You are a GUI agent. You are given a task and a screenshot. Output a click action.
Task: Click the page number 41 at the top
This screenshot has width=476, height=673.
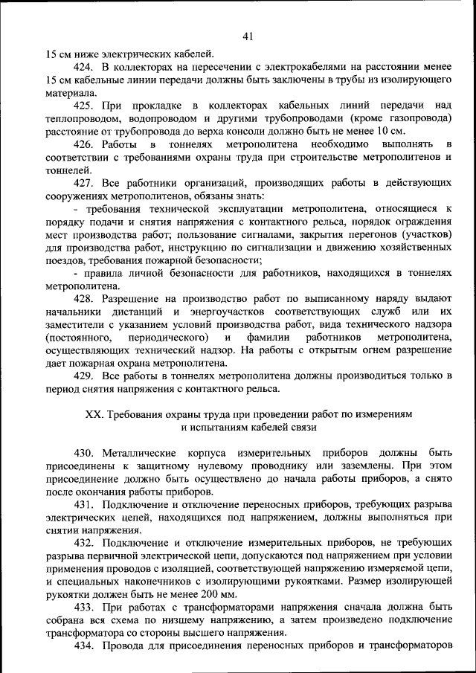point(248,35)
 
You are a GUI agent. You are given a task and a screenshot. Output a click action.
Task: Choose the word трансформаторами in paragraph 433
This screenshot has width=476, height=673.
point(225,607)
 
